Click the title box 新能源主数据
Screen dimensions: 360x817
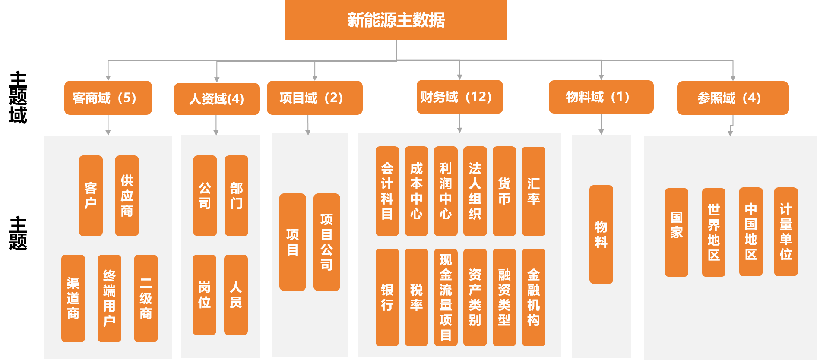[396, 20]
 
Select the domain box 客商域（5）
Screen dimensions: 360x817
[108, 98]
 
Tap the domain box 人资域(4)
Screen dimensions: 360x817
[216, 99]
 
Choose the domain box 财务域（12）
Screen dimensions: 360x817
[459, 97]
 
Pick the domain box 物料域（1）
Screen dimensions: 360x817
[601, 97]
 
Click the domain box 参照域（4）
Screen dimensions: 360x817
[732, 98]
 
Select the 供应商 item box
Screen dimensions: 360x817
[127, 196]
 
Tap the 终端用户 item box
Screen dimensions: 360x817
[109, 298]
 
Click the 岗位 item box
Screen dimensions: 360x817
[204, 295]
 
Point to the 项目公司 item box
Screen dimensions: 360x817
[326, 242]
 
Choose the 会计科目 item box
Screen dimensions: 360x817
[387, 191]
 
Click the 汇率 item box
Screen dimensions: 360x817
[533, 191]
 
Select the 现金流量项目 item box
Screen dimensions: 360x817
[445, 297]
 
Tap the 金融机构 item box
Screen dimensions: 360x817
[533, 297]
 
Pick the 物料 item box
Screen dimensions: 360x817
[601, 234]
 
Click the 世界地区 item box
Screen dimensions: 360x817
[713, 233]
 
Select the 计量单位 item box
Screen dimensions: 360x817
[785, 232]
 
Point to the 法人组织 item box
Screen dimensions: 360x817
[475, 191]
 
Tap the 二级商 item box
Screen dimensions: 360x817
[146, 298]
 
